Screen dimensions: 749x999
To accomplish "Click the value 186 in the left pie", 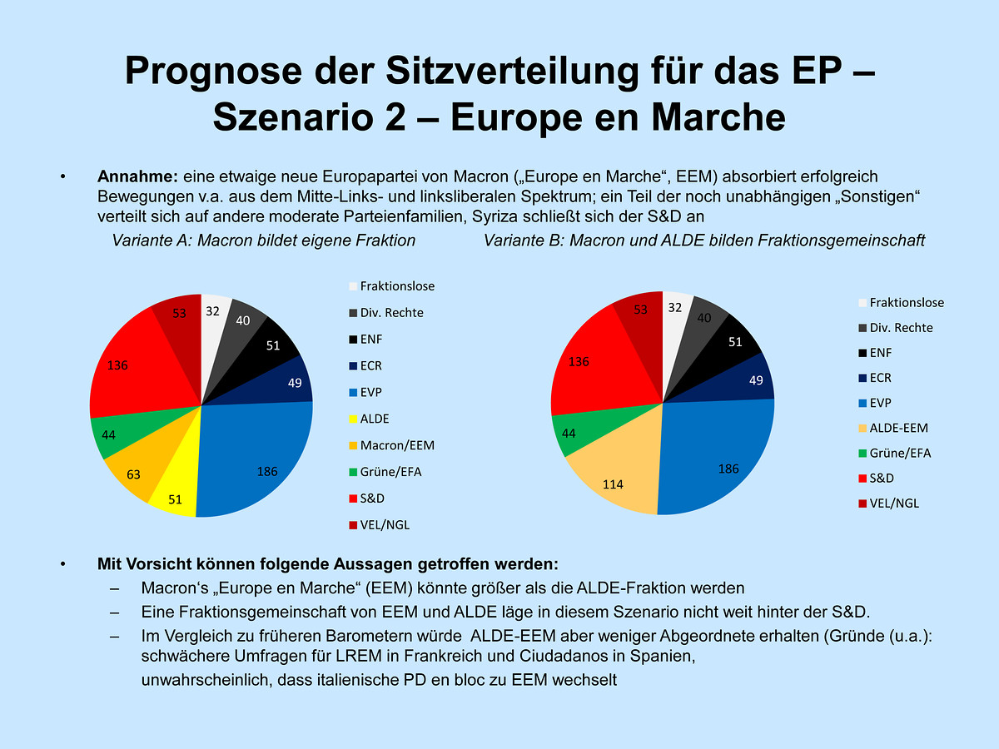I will coord(266,472).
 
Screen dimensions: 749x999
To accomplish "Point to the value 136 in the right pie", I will coord(579,361).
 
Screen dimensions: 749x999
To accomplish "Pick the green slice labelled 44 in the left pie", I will coord(110,434).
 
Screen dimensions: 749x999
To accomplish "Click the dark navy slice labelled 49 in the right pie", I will coord(756,380).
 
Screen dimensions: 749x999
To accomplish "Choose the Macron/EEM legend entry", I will coord(396,445).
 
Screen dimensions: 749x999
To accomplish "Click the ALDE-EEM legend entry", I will coord(898,428).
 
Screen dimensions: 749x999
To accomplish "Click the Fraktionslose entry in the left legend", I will coord(396,286).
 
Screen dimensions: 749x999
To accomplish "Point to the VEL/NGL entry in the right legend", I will coord(895,503).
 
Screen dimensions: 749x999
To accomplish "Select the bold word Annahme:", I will coord(138,176).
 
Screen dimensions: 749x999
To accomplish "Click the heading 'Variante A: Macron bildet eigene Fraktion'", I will coord(264,241).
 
